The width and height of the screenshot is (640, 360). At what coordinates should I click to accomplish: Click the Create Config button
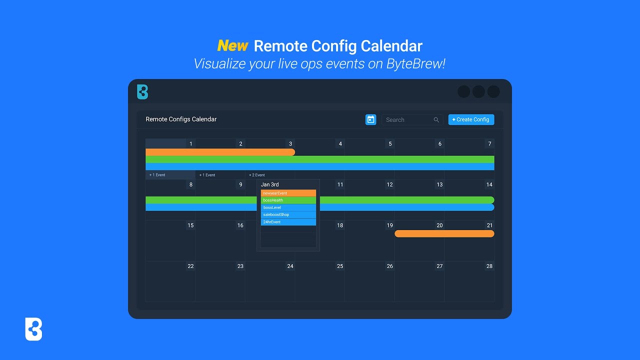(471, 119)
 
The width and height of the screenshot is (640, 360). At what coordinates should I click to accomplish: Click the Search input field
(407, 120)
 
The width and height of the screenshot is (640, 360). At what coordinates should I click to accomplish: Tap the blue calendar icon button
(370, 119)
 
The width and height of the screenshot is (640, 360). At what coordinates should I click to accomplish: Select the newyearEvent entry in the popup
(288, 193)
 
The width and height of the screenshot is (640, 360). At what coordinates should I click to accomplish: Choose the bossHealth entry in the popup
(288, 200)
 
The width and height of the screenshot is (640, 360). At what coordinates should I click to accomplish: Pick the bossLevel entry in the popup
(288, 207)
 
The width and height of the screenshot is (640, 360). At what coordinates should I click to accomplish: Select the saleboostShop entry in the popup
(288, 214)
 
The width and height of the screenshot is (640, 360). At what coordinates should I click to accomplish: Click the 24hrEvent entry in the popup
(288, 222)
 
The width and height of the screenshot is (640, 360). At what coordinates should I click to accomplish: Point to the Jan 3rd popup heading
(270, 184)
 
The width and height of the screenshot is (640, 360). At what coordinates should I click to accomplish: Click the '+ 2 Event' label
(257, 175)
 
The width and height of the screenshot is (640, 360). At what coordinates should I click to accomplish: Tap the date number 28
(489, 266)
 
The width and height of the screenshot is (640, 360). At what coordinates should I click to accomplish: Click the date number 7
(489, 144)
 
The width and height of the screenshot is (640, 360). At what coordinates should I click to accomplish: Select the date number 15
(190, 225)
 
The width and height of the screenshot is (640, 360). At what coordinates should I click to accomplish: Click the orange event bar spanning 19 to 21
(444, 233)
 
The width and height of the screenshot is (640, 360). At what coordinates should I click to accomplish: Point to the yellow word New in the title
(232, 46)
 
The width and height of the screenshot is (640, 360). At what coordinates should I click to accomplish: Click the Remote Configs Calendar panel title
(181, 119)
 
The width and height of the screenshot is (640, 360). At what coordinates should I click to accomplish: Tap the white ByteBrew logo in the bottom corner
(33, 329)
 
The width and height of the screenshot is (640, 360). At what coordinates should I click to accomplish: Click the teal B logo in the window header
(142, 92)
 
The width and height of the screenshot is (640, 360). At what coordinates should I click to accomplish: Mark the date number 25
(340, 266)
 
